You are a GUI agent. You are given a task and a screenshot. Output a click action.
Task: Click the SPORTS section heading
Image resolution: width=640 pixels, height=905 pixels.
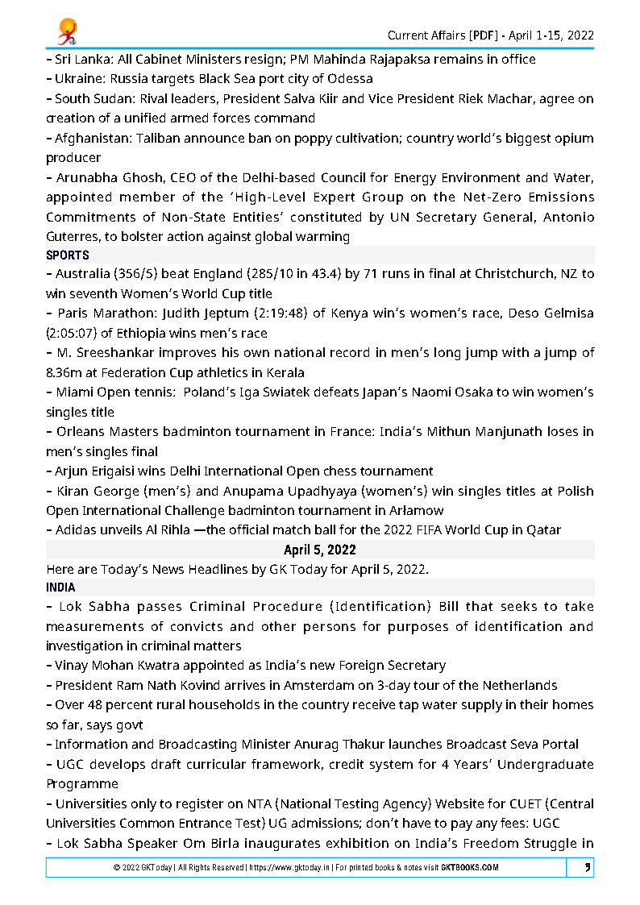(x=68, y=255)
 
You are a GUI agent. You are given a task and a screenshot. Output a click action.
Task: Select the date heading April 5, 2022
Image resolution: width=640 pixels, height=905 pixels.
(x=320, y=550)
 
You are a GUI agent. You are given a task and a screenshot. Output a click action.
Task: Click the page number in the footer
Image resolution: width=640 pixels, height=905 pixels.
(x=587, y=868)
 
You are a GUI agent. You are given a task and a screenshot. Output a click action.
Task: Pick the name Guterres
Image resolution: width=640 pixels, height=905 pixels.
(x=73, y=236)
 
